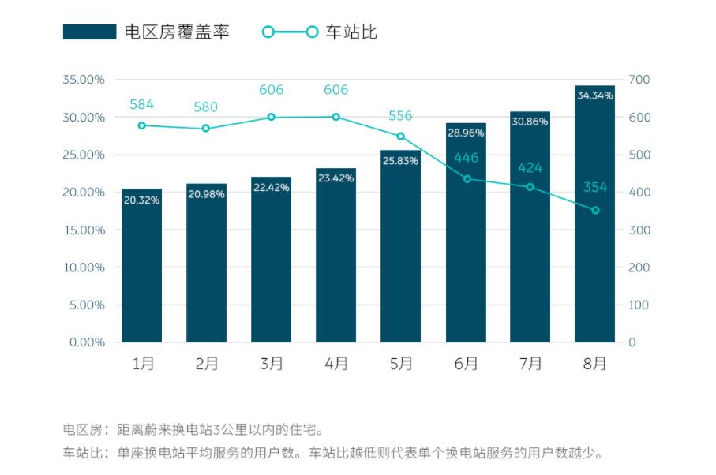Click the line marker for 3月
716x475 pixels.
point(271,117)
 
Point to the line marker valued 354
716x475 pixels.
point(595,210)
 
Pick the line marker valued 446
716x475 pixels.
point(467,179)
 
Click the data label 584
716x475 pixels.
point(141,104)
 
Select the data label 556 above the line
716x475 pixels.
point(400,116)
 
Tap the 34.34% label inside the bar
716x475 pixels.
point(594,95)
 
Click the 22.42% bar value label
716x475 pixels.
point(271,187)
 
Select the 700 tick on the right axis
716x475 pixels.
point(639,80)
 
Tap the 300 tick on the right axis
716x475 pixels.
point(639,230)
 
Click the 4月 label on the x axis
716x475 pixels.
point(336,364)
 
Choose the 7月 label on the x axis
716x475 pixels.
point(530,364)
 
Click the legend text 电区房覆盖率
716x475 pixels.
point(177,32)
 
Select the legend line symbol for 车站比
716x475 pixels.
point(290,32)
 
